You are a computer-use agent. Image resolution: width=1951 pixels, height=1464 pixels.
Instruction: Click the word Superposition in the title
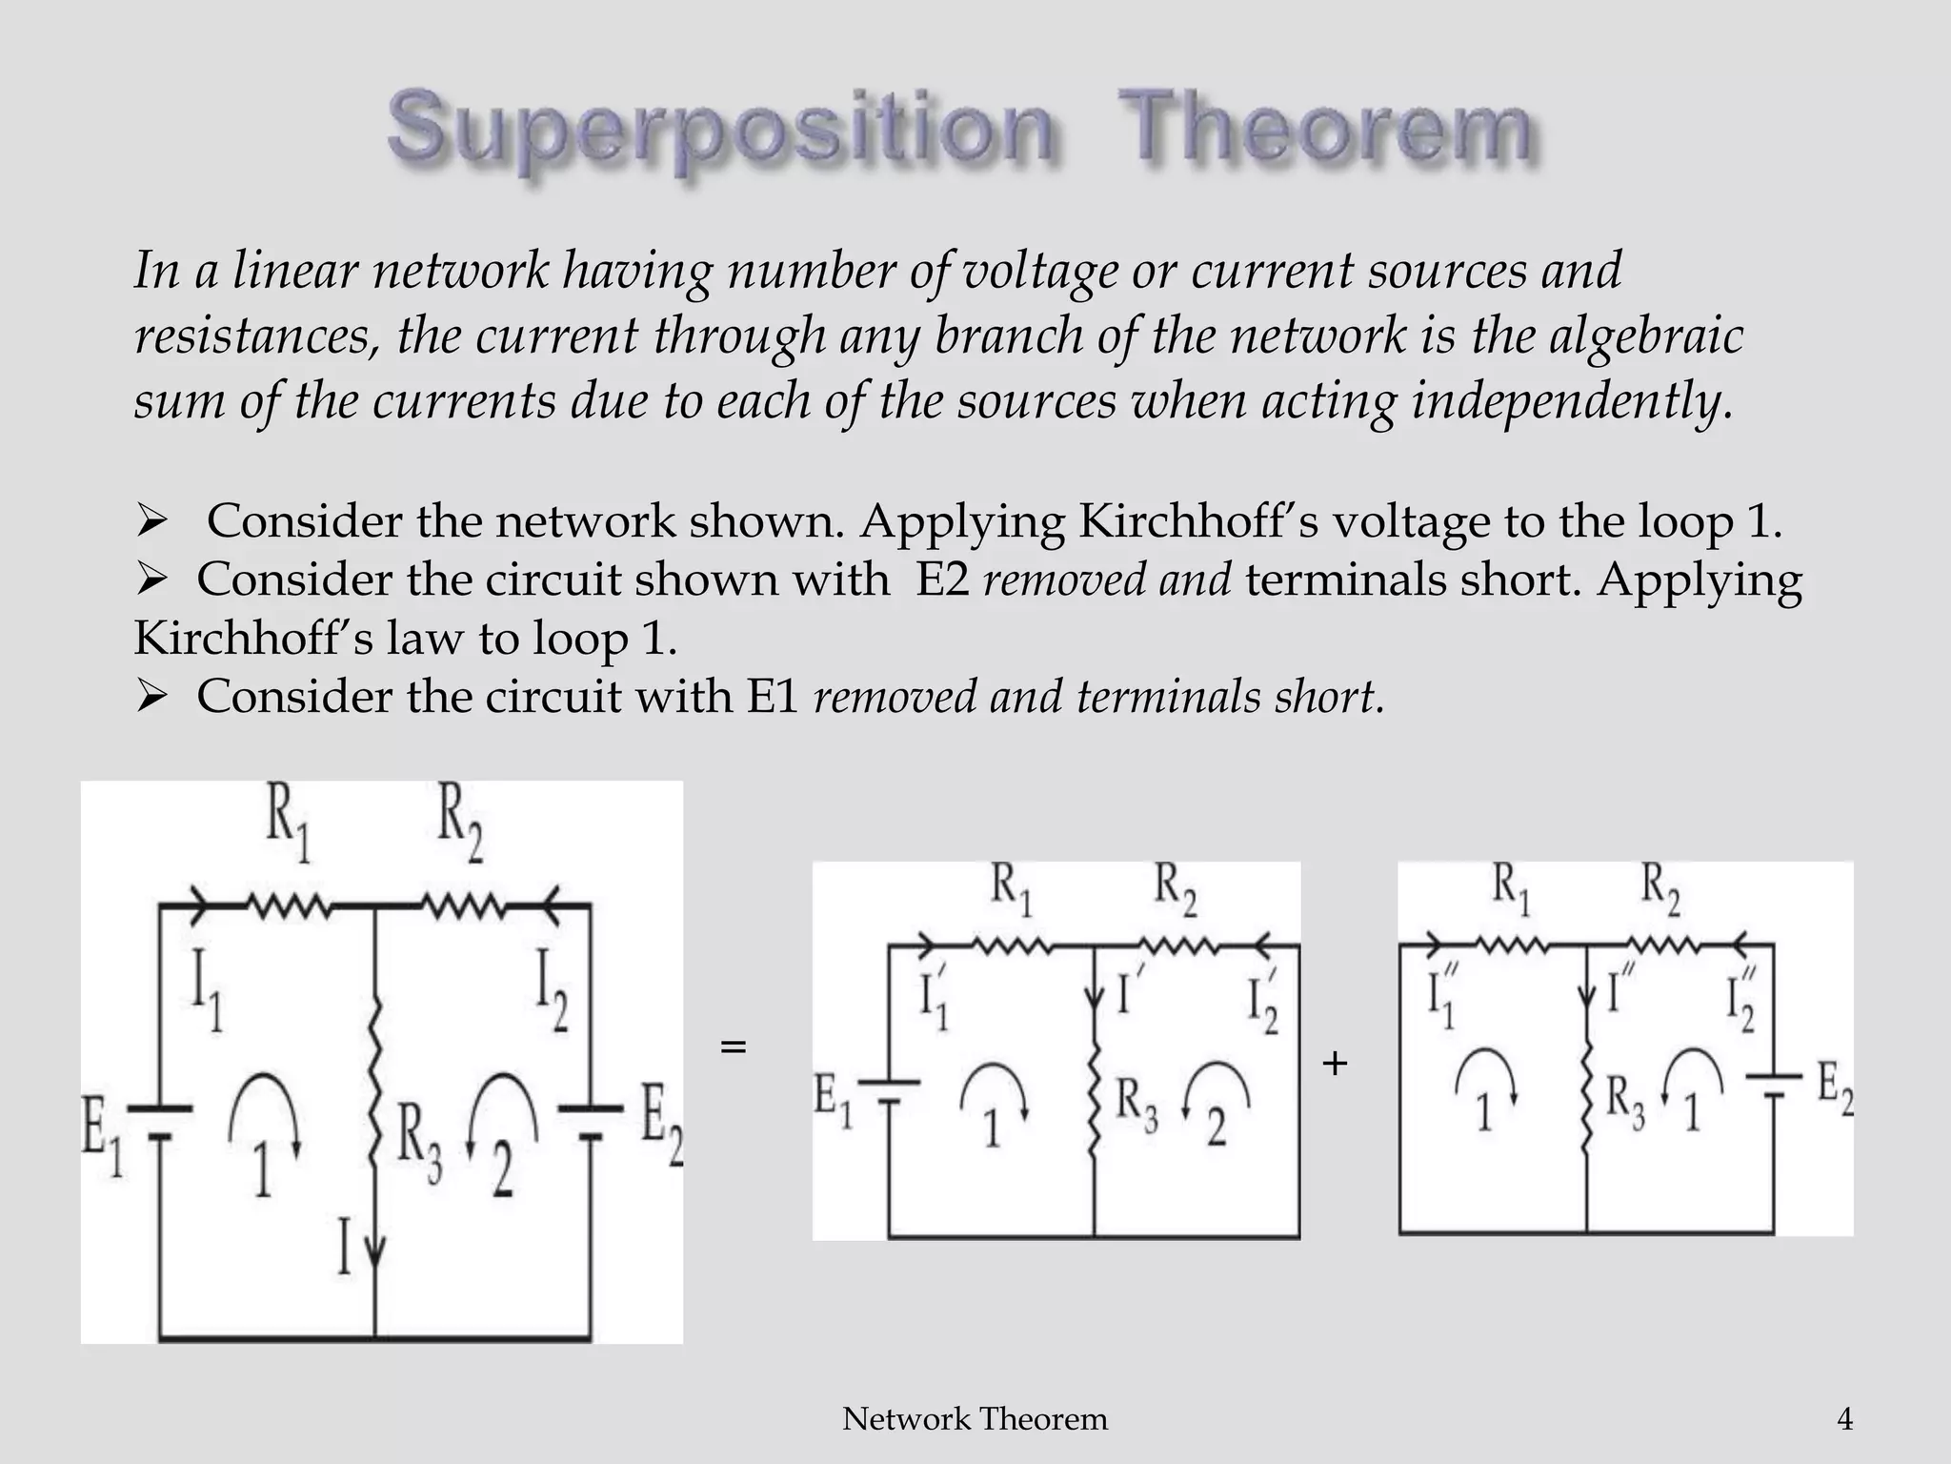(720, 132)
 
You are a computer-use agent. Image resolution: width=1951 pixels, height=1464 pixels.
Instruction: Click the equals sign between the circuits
(733, 1047)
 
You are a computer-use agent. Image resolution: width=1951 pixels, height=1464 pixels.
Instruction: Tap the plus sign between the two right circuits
(1335, 1063)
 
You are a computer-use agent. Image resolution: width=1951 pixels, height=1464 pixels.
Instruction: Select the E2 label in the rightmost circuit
(1834, 1089)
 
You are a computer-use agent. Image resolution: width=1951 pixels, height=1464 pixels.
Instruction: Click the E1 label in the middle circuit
(834, 1101)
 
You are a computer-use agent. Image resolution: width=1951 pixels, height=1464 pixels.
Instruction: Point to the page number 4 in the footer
(1844, 1419)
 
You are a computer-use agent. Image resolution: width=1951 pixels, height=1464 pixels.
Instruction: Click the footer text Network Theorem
(975, 1419)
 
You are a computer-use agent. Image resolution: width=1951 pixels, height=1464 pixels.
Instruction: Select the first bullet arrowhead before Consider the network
(151, 521)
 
